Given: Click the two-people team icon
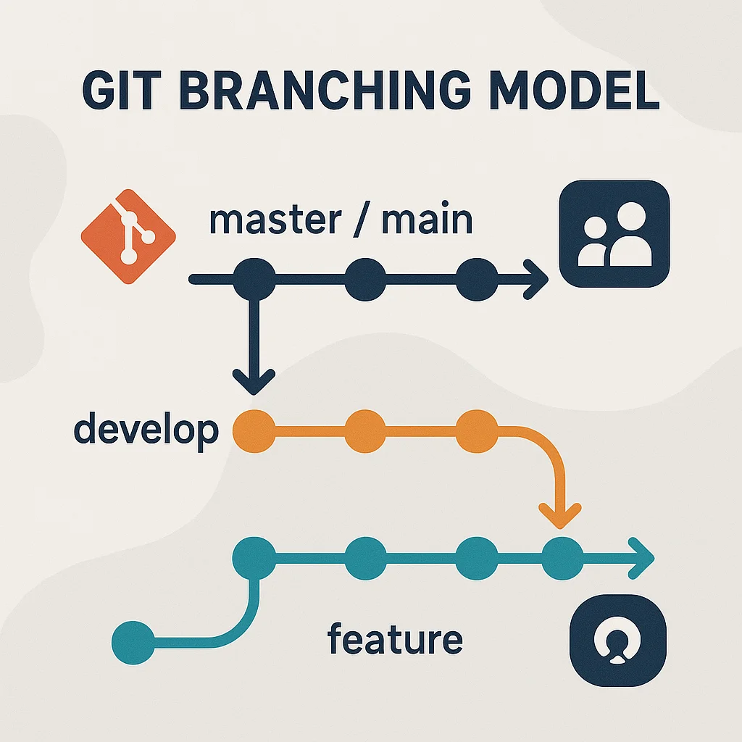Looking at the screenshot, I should click(614, 233).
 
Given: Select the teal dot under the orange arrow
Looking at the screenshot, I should click(562, 558).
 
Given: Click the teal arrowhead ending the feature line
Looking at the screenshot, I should click(641, 558).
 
